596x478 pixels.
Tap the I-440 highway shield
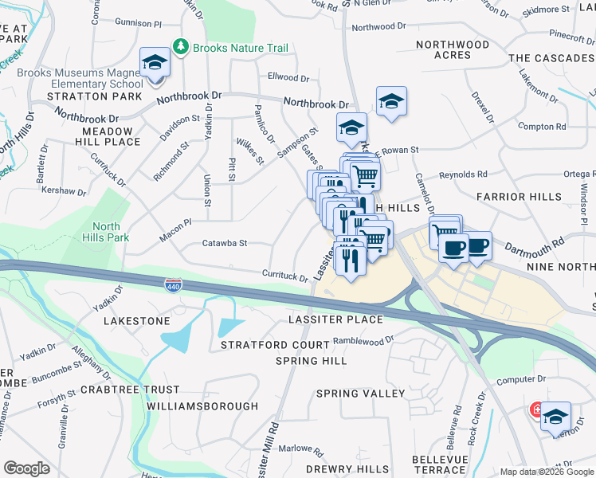point(172,284)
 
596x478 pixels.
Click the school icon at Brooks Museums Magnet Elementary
point(155,64)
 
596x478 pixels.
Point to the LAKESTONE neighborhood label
point(137,320)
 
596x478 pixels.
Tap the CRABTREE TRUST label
point(130,390)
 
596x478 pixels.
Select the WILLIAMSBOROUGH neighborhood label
point(202,406)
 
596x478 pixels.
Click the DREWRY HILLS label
point(347,469)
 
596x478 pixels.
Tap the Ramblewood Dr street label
point(363,339)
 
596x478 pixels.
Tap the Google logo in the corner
point(26,468)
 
